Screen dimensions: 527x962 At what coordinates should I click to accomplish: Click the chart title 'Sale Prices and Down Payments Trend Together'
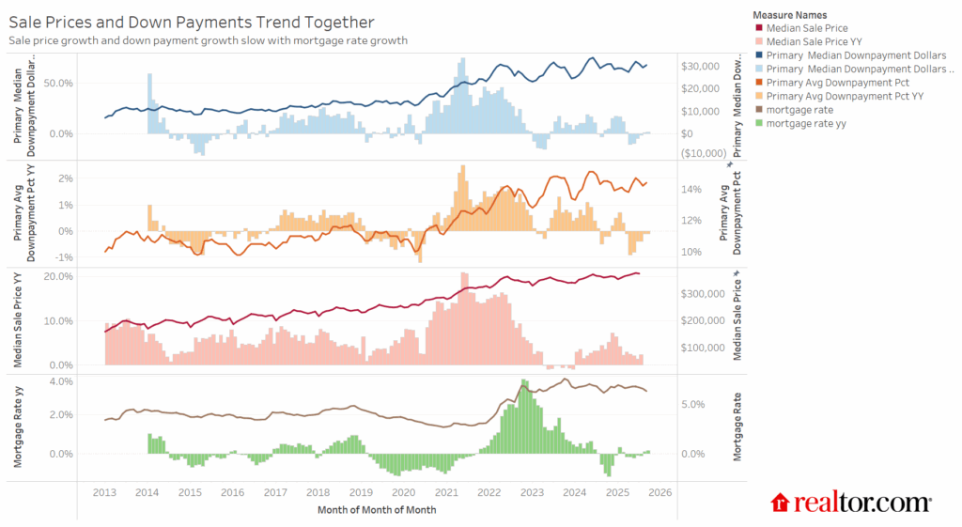(x=191, y=22)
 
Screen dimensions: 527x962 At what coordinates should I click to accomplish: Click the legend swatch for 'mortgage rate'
(x=758, y=109)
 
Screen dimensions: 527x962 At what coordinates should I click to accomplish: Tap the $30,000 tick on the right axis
(x=701, y=66)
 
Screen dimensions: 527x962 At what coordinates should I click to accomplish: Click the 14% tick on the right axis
(x=691, y=189)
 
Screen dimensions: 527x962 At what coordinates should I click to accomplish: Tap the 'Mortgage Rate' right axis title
(x=738, y=426)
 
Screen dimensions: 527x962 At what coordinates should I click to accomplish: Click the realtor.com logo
(x=851, y=503)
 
